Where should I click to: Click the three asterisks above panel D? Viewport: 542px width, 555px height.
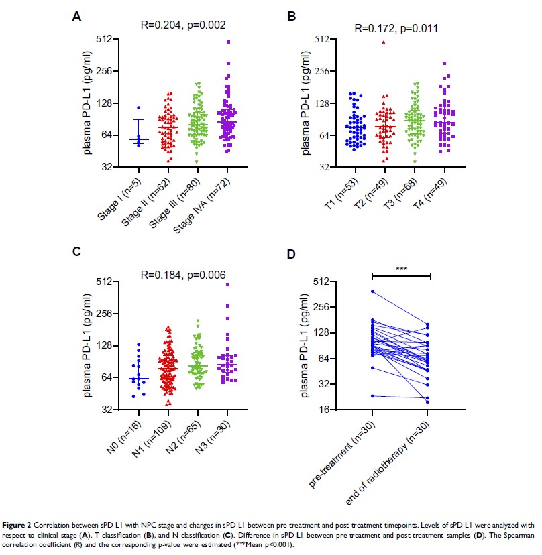tap(401, 271)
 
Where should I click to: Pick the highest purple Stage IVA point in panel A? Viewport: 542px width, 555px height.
tap(229, 42)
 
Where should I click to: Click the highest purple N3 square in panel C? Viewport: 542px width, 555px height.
tap(227, 285)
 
